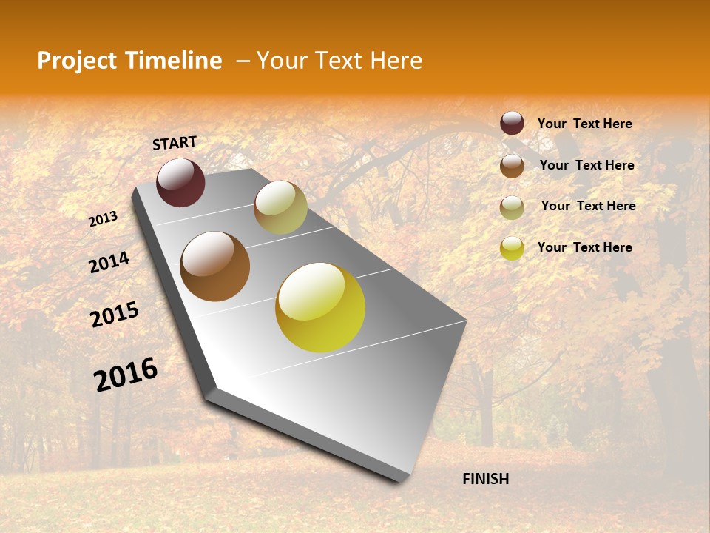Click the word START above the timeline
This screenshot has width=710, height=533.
click(x=175, y=143)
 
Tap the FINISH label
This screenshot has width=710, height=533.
click(x=485, y=479)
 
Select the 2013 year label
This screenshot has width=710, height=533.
click(x=104, y=218)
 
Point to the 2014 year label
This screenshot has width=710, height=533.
click(x=109, y=262)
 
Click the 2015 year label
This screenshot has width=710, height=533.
click(x=115, y=315)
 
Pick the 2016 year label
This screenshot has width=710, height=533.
click(x=126, y=373)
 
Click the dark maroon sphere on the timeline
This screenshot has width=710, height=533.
click(x=180, y=182)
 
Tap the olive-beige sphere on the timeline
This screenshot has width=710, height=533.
click(x=280, y=207)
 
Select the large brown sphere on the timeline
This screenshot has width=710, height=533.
click(x=214, y=266)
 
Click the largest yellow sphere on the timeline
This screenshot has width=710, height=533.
click(x=320, y=307)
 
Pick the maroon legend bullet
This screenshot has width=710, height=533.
click(x=512, y=123)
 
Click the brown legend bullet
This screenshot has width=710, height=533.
click(x=512, y=165)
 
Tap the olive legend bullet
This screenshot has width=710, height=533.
click(x=512, y=207)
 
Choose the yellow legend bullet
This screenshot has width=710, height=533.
click(x=512, y=248)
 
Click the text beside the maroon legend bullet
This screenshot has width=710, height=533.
click(x=584, y=124)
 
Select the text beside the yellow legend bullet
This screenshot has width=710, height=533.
click(x=584, y=247)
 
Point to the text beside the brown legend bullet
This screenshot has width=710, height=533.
click(x=586, y=165)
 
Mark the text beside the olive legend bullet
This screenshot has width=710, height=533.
click(x=588, y=206)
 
